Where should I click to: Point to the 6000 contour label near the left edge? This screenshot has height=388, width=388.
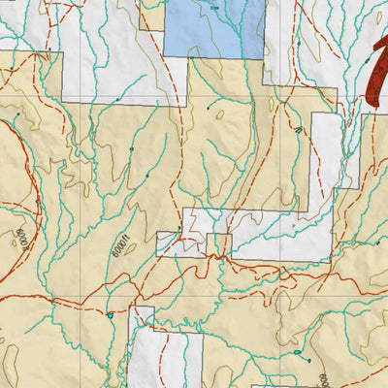(x=20, y=238)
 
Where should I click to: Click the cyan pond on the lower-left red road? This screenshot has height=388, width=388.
(x=113, y=315)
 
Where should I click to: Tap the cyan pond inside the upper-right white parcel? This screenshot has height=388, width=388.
(x=300, y=129)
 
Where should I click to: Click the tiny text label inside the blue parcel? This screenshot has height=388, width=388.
(x=213, y=7)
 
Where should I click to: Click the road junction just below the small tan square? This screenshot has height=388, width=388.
(x=225, y=258)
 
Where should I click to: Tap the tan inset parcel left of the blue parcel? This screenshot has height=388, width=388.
(x=151, y=16)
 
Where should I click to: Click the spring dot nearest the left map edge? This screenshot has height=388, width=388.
(x=16, y=115)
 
